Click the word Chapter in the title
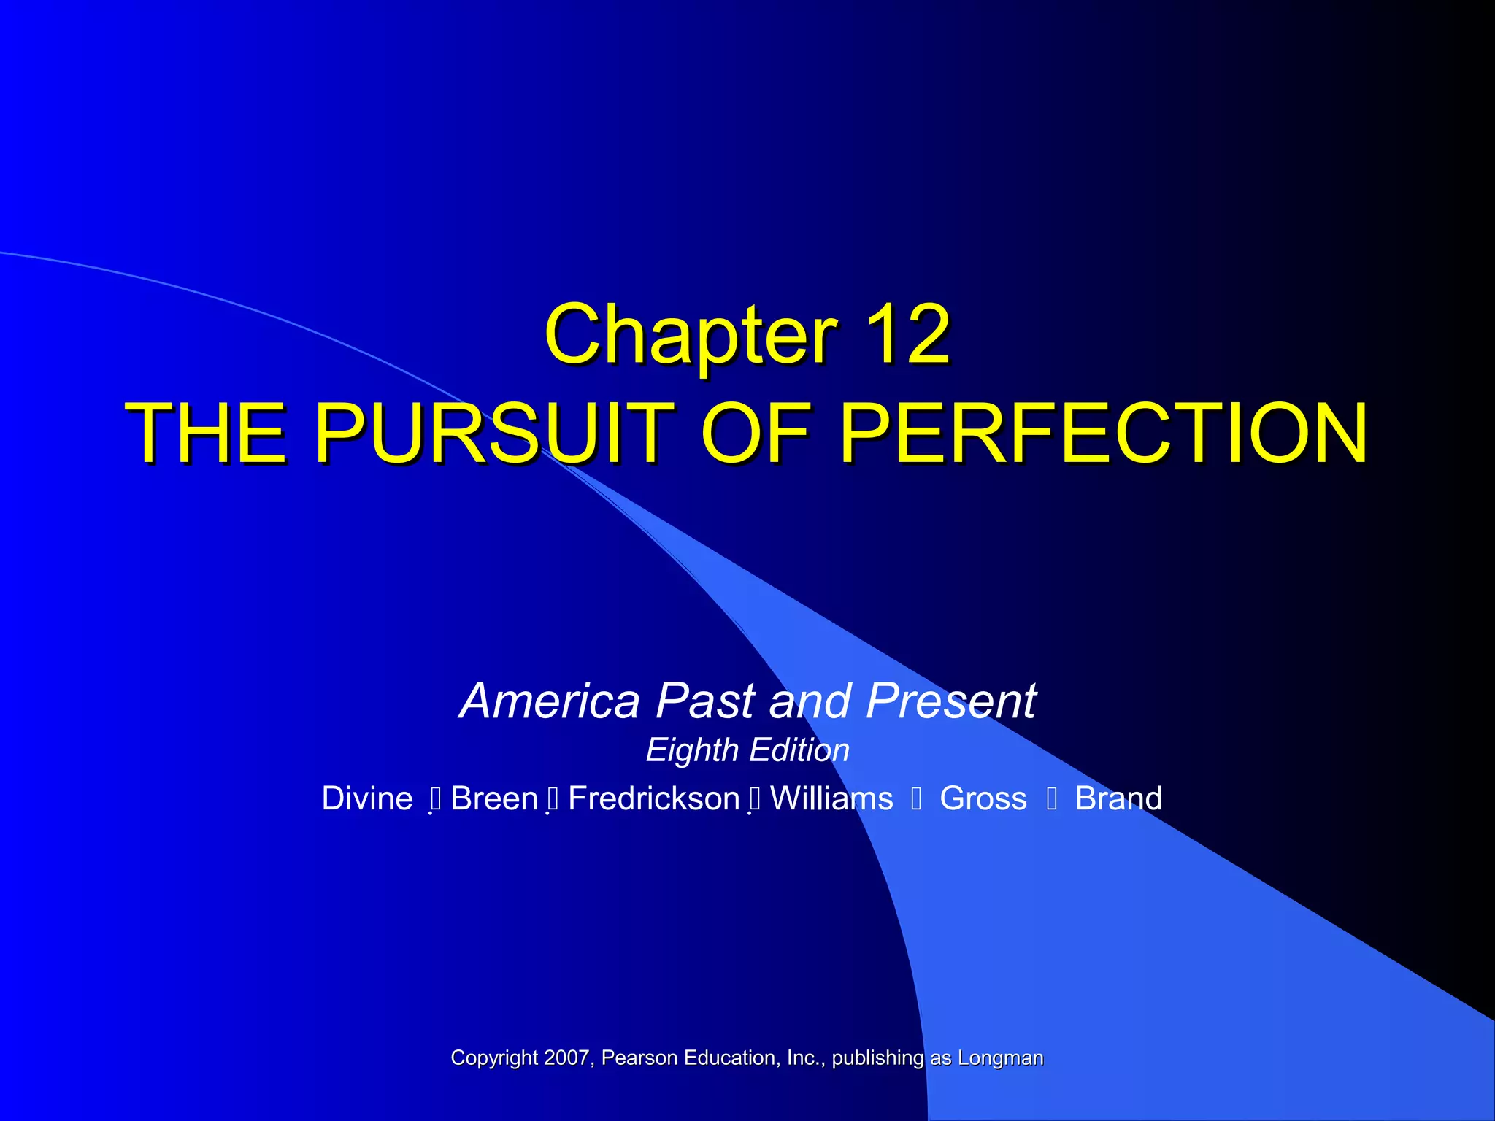(x=691, y=335)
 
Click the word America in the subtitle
(x=550, y=701)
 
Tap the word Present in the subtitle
(x=950, y=701)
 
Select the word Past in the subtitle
(x=705, y=701)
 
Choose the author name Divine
(x=367, y=798)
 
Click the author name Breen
(x=494, y=798)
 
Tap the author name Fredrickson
(x=654, y=798)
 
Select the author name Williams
(x=831, y=798)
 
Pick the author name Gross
(x=983, y=798)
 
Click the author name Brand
(x=1118, y=798)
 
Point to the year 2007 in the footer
(x=566, y=1058)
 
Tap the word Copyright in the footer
(x=494, y=1058)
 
